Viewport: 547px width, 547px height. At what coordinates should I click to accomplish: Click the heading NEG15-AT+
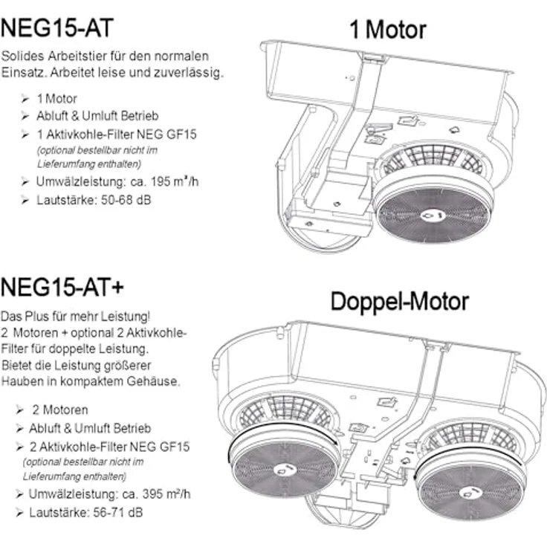pos(62,288)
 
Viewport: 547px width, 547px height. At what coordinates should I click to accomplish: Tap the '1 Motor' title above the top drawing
pos(387,30)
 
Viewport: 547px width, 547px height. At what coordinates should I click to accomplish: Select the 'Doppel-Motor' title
pos(399,302)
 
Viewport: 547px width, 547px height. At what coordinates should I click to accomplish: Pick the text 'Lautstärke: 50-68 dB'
pos(94,200)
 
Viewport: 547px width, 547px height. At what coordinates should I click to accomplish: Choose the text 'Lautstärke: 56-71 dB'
pos(85,513)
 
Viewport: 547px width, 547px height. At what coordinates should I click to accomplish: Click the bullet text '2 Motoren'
pos(60,410)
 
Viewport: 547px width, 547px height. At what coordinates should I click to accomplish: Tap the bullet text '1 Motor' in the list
pos(57,99)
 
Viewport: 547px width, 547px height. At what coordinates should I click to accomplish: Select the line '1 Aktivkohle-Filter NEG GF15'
pos(117,135)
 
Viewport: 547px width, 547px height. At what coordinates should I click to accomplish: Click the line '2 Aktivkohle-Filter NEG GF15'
pos(109,447)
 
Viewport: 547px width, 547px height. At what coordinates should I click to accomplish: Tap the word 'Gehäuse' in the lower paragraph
pos(153,381)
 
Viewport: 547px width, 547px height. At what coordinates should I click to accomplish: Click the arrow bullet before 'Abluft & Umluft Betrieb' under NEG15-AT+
pos(19,428)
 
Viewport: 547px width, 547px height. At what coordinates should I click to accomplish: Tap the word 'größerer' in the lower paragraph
pos(128,366)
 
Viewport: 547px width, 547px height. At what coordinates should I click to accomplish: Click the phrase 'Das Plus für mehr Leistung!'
pos(76,317)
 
